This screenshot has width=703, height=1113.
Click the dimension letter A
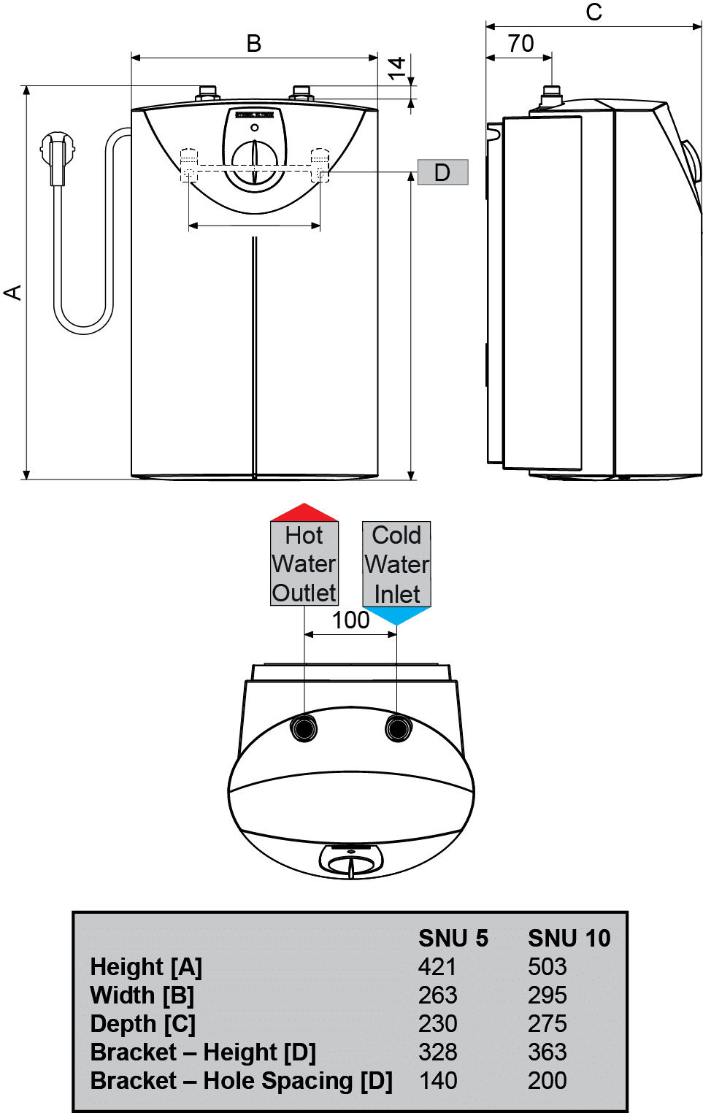point(13,293)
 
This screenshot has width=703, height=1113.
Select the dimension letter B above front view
point(253,44)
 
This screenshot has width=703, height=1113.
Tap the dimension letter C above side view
point(593,12)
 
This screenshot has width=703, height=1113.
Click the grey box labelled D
point(442,173)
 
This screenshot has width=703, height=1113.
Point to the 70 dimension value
point(520,44)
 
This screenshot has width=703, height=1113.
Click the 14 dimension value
point(396,69)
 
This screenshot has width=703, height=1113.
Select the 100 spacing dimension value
point(350,620)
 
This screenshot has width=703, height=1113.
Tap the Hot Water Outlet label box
point(304,564)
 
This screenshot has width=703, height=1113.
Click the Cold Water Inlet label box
point(396,564)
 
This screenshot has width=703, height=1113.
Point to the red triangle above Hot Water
point(304,512)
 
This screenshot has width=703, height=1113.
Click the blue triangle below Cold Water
point(396,616)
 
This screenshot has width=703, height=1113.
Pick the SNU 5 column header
point(453,939)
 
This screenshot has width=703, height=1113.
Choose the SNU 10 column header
point(569,939)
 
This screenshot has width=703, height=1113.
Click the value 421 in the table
point(437,967)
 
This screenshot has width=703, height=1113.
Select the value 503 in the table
point(547,967)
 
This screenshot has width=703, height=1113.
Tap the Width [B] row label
point(142,995)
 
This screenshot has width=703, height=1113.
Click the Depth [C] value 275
point(547,1024)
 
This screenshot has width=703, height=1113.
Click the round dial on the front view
point(255,158)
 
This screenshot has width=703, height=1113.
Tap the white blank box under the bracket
point(255,227)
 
